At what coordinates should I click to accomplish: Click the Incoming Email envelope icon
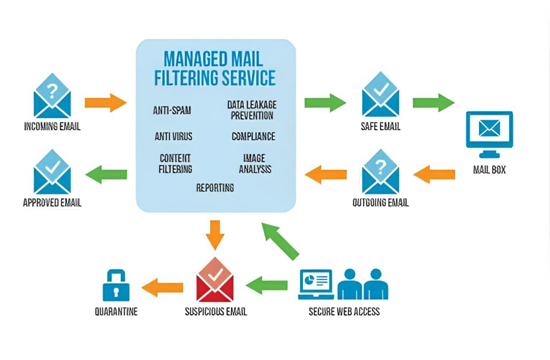(x=52, y=96)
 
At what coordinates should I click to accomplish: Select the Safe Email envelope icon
(x=380, y=96)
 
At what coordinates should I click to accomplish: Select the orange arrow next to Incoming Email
(x=105, y=102)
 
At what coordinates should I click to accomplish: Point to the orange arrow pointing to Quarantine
(x=162, y=287)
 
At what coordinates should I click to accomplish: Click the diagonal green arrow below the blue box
(x=279, y=241)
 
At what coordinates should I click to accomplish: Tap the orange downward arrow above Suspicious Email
(x=215, y=234)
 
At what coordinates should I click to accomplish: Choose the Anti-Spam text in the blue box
(x=172, y=111)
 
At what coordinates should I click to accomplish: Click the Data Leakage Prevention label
(x=251, y=110)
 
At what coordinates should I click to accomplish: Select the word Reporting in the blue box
(x=215, y=188)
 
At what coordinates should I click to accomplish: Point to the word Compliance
(x=254, y=136)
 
